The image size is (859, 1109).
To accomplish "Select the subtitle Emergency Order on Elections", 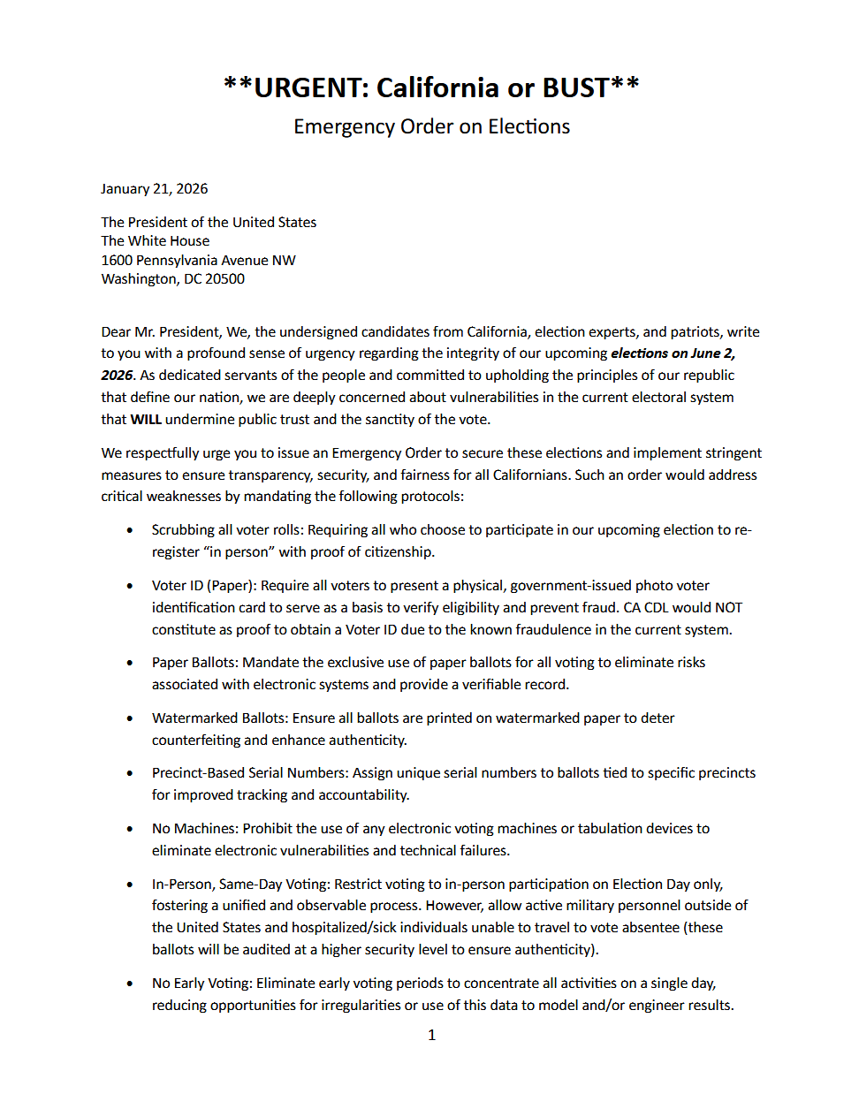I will click(x=431, y=127).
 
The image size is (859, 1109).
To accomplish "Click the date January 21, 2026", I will click(x=155, y=189).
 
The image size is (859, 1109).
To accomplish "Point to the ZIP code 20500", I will click(x=225, y=279).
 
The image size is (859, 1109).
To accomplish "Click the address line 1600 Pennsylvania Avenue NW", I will click(x=198, y=261).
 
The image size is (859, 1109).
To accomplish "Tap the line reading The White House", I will click(x=156, y=241).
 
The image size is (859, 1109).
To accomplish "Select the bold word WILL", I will click(x=146, y=420).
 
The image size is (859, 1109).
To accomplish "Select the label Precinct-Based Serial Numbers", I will click(x=249, y=773).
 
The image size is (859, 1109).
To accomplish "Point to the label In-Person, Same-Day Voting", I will click(x=239, y=885).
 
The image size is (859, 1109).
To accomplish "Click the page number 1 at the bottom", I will click(x=431, y=1035).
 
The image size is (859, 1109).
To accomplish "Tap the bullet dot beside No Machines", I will click(x=130, y=830).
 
